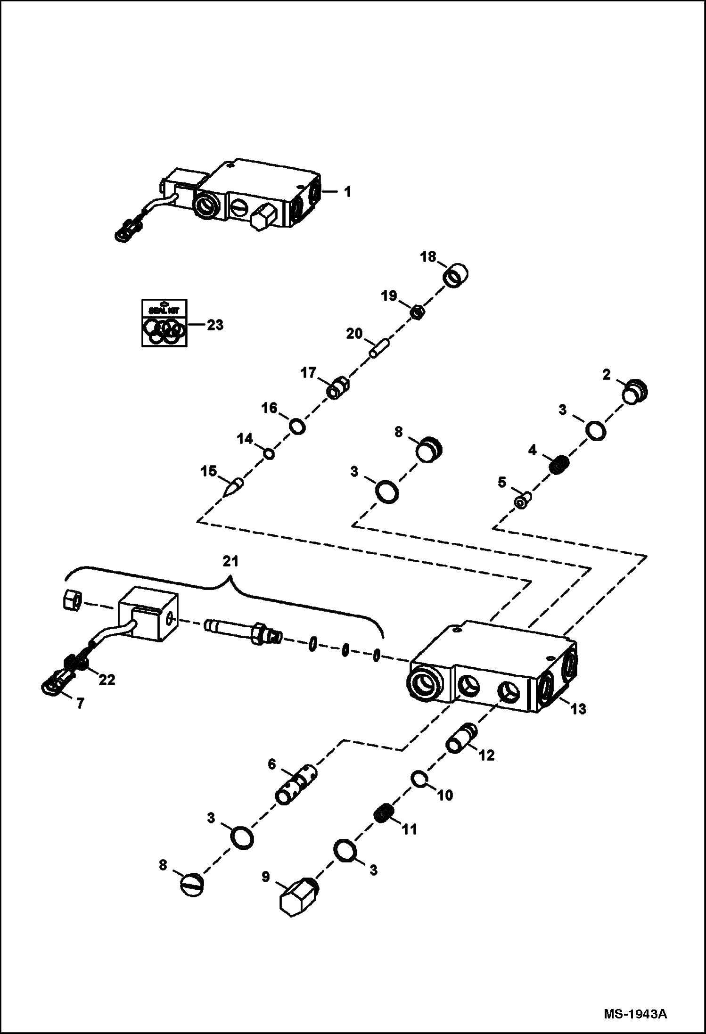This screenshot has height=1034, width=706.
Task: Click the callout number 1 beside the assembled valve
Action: point(347,192)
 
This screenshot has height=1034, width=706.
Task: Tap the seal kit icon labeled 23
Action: point(164,323)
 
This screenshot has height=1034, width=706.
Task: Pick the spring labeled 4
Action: point(559,467)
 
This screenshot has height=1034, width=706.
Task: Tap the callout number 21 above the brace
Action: point(230,561)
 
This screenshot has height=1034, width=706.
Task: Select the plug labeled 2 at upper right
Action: point(635,392)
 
